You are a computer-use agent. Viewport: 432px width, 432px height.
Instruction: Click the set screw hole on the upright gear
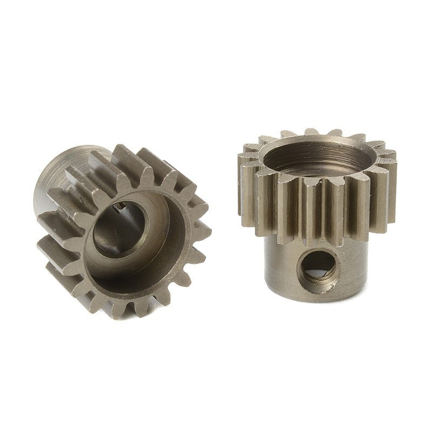[x=318, y=268]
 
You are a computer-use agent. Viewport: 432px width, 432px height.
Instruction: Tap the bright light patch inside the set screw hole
[x=323, y=261]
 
